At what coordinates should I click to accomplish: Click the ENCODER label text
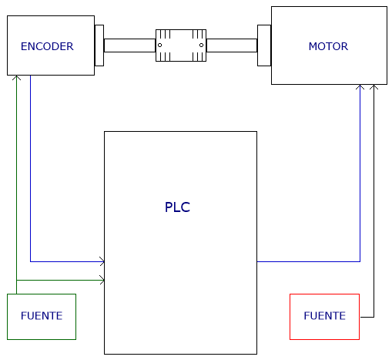(x=47, y=46)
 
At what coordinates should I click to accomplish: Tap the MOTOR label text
(x=328, y=46)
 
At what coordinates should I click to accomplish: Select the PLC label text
(x=177, y=207)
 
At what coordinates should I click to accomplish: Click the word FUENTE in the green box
(x=42, y=316)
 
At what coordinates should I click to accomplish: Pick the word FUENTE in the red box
(x=324, y=316)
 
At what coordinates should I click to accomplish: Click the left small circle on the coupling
(x=159, y=45)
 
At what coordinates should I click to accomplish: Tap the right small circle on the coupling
(x=201, y=45)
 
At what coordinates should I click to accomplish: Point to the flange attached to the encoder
(x=99, y=45)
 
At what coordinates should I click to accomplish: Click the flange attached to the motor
(x=264, y=45)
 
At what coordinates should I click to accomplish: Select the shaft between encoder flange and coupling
(x=129, y=45)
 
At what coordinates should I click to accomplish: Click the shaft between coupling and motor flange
(x=232, y=45)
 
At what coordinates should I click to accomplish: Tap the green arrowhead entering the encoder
(x=16, y=77)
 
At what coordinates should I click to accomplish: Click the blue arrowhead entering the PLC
(x=102, y=261)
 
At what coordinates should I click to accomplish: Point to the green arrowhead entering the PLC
(x=102, y=280)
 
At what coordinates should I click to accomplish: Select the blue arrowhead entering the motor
(x=360, y=87)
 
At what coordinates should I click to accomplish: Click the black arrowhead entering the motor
(x=374, y=87)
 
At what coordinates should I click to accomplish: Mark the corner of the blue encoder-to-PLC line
(x=31, y=261)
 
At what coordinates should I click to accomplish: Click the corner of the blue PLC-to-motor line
(x=360, y=261)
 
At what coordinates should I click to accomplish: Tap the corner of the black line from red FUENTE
(x=374, y=317)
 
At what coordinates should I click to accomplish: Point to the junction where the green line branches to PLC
(x=16, y=280)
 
